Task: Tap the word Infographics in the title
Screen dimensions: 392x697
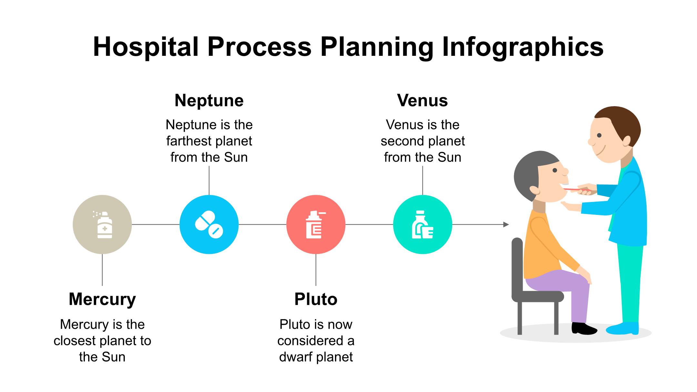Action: tap(522, 47)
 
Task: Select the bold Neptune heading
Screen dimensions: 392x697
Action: tap(209, 100)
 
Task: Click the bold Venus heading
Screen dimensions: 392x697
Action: tap(422, 100)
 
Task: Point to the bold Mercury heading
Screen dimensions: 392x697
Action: tap(102, 299)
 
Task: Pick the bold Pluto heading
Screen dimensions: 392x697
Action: tap(316, 299)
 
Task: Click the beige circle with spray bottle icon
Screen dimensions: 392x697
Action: tap(102, 225)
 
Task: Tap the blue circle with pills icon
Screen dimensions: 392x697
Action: tap(209, 225)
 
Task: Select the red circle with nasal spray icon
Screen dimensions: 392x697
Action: tap(316, 225)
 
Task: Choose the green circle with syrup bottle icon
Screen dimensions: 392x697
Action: tap(422, 225)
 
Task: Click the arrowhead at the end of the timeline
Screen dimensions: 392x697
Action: tap(506, 225)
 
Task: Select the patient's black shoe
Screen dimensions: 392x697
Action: tap(583, 329)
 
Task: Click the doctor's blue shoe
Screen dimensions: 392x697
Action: tap(623, 329)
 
